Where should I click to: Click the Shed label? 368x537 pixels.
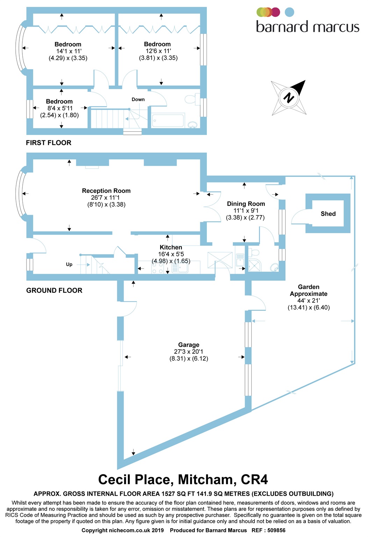coord(328,214)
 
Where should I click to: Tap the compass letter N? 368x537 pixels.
coord(289,98)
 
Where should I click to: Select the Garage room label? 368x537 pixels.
coord(189,345)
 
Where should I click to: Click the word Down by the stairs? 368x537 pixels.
coord(138,99)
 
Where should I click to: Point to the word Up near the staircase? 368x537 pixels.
coord(69,264)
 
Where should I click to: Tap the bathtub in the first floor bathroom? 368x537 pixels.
coord(168,120)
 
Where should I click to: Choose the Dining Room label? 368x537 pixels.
coord(246,204)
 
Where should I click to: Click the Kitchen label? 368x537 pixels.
coord(171,247)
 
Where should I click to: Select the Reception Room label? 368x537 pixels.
coord(106,191)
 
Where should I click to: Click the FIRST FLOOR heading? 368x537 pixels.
coord(49,143)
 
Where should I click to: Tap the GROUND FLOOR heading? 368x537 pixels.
coord(54,291)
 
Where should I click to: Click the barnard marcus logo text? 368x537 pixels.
coord(308,27)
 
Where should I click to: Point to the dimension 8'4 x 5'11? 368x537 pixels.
coord(60,108)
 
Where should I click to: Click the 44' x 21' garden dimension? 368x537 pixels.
coord(309,301)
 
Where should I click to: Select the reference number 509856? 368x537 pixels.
coord(276,530)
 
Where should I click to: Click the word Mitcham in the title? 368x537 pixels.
coord(205,480)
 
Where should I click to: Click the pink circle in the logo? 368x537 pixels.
coord(275,12)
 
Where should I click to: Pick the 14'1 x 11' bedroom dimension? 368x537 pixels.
coord(69,51)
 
